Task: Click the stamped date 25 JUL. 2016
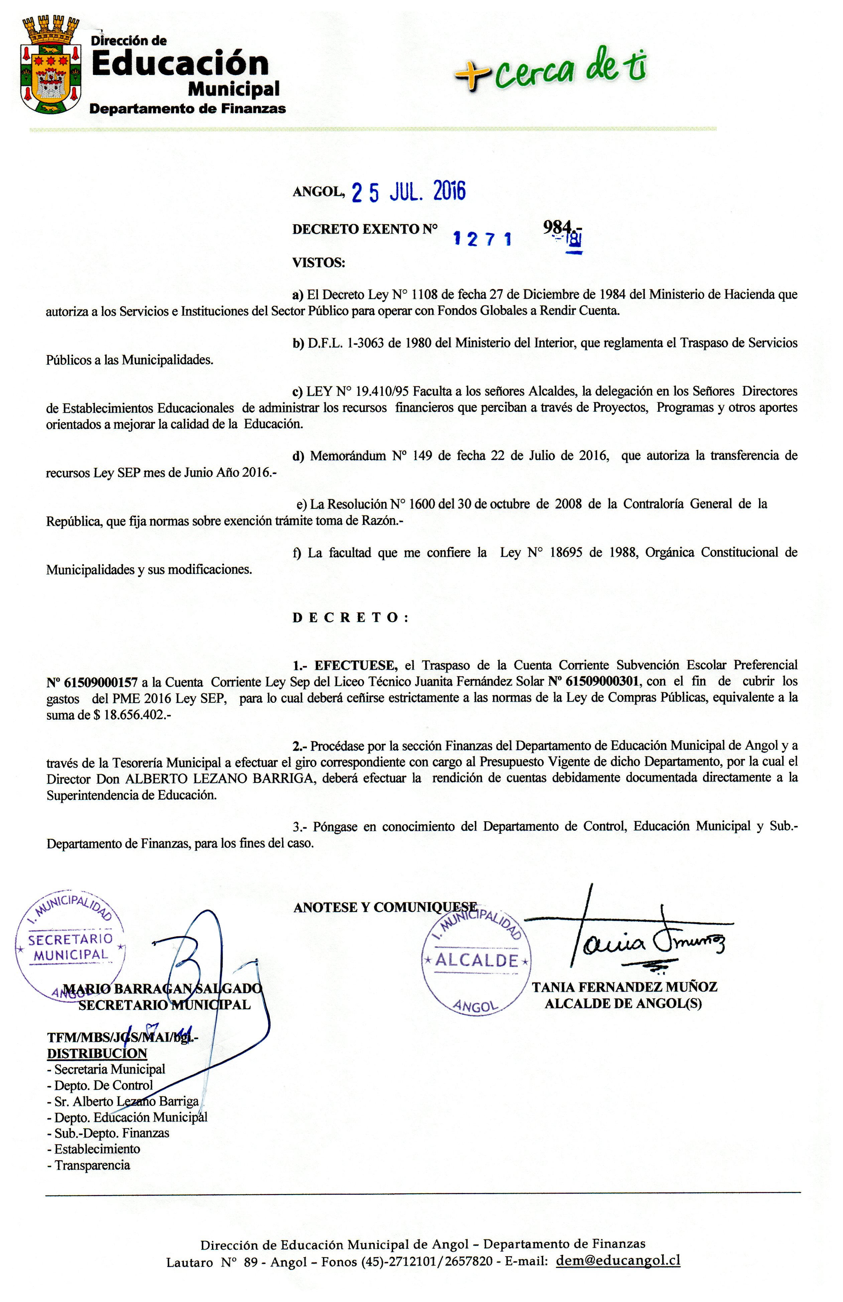408,192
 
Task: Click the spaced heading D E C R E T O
350,618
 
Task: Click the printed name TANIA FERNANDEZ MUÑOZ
624,987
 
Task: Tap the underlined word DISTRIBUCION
97,1054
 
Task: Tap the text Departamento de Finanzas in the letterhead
187,109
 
